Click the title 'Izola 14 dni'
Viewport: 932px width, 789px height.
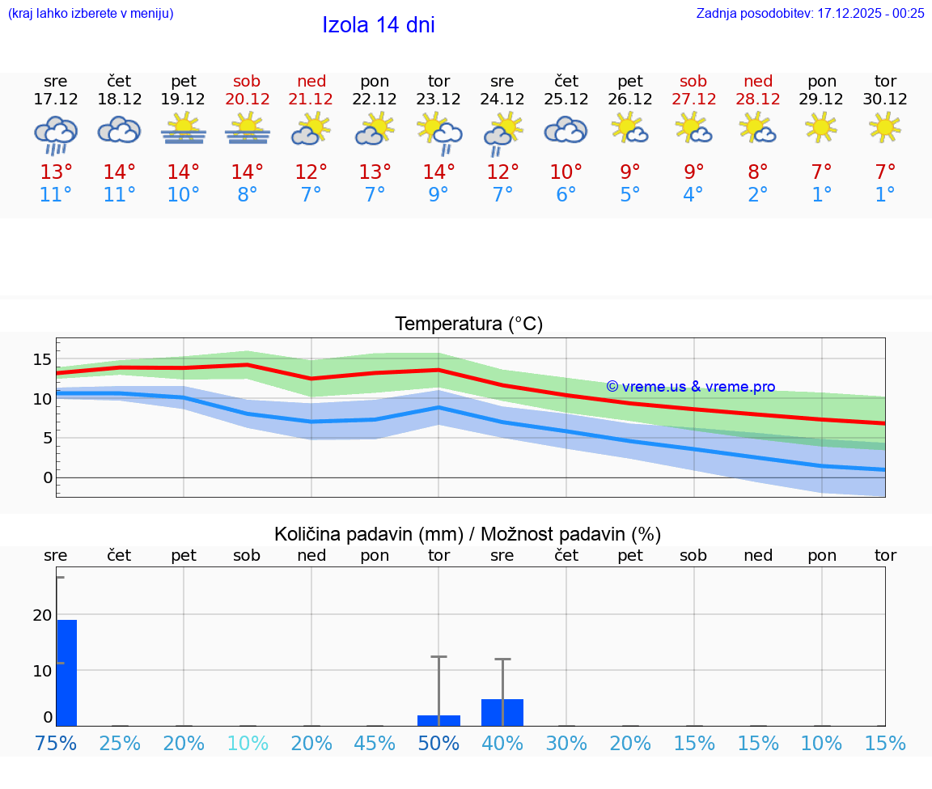click(379, 25)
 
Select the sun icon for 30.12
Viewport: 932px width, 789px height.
click(885, 127)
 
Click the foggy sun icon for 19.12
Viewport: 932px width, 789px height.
click(183, 128)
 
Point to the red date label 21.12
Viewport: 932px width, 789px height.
click(311, 99)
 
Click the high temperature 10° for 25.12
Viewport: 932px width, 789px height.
click(566, 172)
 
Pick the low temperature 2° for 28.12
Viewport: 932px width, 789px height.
click(758, 195)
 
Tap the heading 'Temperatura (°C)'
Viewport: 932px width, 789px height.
click(468, 325)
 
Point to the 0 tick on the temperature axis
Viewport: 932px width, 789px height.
click(48, 477)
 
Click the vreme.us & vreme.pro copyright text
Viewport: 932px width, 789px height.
click(691, 387)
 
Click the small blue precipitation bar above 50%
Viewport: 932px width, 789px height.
click(438, 720)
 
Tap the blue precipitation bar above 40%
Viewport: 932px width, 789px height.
click(502, 712)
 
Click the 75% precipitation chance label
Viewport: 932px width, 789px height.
click(56, 744)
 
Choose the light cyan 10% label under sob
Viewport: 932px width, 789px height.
click(247, 744)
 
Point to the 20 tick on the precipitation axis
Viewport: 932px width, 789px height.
click(42, 615)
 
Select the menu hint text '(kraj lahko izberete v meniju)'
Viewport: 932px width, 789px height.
click(90, 13)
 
